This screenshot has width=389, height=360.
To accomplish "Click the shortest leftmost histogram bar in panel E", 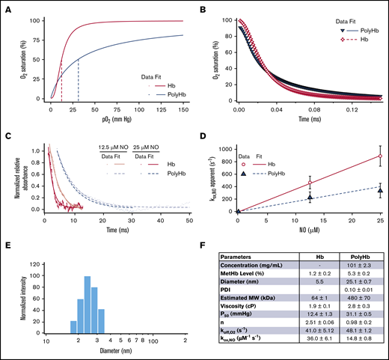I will coord(73,326).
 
